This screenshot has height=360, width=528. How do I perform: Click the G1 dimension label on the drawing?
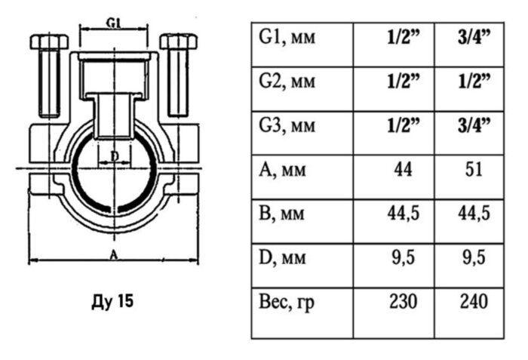[115, 23]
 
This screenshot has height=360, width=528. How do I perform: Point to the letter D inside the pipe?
[114, 156]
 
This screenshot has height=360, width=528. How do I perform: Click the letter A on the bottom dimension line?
[113, 255]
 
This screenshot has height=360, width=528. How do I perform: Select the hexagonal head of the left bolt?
[49, 42]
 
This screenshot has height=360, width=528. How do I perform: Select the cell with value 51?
[472, 170]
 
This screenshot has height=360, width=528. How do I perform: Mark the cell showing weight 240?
[472, 303]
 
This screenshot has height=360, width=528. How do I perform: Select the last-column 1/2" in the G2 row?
[472, 80]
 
